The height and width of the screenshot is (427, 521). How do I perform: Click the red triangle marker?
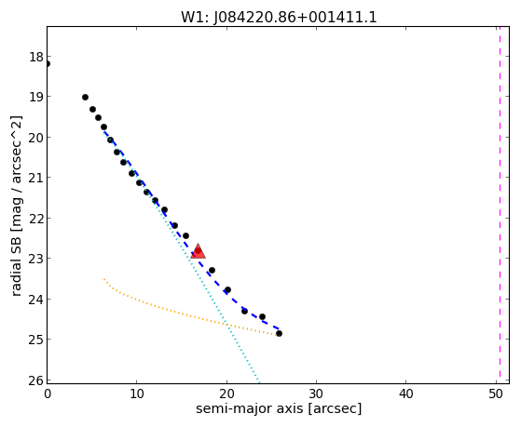coord(198,251)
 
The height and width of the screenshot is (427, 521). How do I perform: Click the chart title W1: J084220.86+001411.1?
coord(279,18)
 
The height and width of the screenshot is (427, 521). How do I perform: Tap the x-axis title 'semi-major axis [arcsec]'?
coord(279,408)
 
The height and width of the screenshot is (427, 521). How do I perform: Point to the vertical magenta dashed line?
coord(500,205)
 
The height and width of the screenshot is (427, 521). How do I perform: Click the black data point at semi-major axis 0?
coord(48,63)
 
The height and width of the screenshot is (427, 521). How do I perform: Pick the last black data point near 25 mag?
coord(279,333)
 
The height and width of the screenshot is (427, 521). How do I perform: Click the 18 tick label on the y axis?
coord(36,57)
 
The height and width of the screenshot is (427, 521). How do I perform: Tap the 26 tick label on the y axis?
coord(36,380)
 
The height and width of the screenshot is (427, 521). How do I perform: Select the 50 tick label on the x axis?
coord(496,394)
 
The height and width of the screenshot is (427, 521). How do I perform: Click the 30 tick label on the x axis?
coord(316,394)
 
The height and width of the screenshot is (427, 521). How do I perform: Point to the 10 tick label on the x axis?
coord(137,394)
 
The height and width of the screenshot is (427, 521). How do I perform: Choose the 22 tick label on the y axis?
coord(36,219)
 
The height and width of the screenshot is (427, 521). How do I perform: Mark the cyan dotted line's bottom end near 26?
coord(258,380)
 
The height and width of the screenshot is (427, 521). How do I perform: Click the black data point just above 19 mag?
coord(85,97)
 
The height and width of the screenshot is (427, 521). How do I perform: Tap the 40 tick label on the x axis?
coord(405,394)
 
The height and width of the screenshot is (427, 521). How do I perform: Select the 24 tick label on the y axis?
coord(36,300)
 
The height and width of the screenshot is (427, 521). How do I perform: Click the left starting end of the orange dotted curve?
coord(104,279)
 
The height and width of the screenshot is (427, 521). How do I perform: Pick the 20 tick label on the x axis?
coord(226,394)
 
